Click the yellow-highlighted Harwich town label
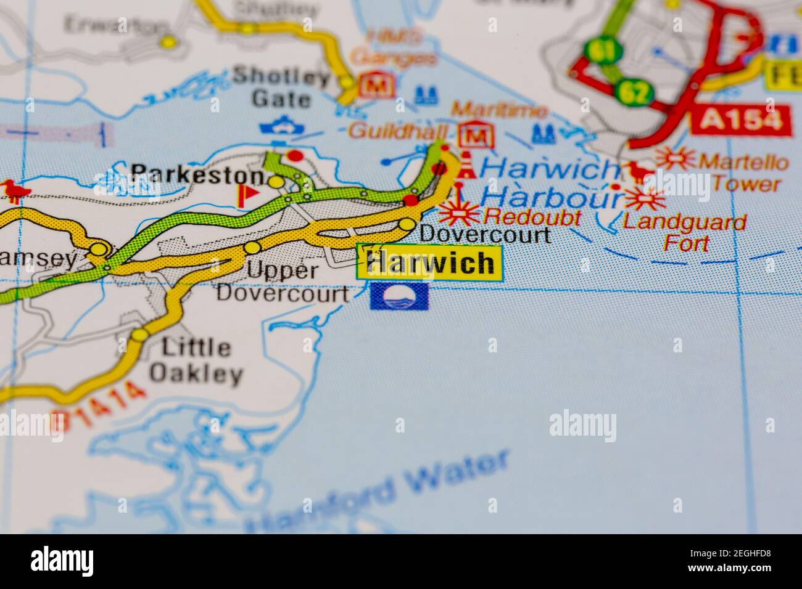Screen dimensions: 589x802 [x=430, y=262]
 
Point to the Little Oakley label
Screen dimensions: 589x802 [x=196, y=361]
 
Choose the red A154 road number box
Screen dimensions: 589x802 [x=741, y=120]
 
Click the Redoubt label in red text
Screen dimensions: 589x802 [x=532, y=216]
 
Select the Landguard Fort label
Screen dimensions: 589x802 [x=685, y=232]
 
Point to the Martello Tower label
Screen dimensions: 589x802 [x=743, y=173]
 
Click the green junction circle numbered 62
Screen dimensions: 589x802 [x=634, y=92]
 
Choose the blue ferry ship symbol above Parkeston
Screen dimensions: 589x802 [x=282, y=128]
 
